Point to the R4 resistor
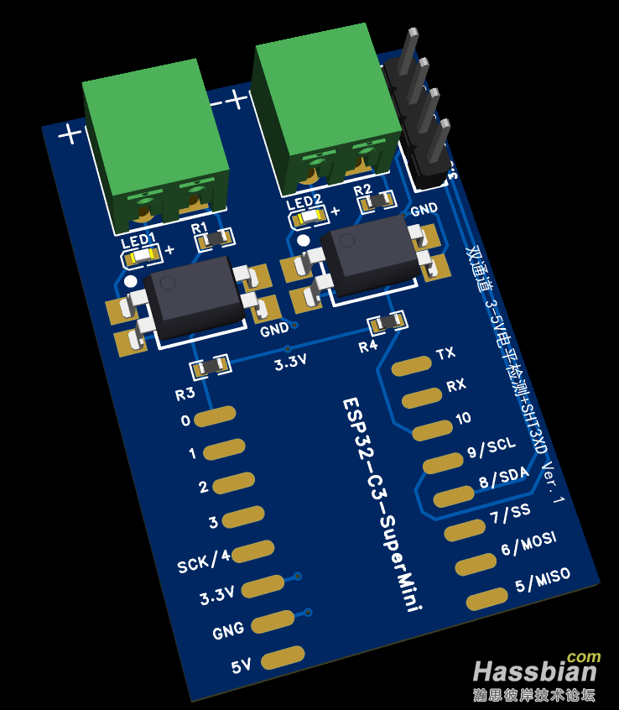(x=388, y=321)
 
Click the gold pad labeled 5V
(x=283, y=657)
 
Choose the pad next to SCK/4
(x=253, y=551)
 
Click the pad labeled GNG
(x=273, y=622)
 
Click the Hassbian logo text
(x=534, y=671)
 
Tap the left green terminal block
(x=155, y=147)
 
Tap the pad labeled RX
(x=421, y=397)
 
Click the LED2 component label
(x=303, y=201)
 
